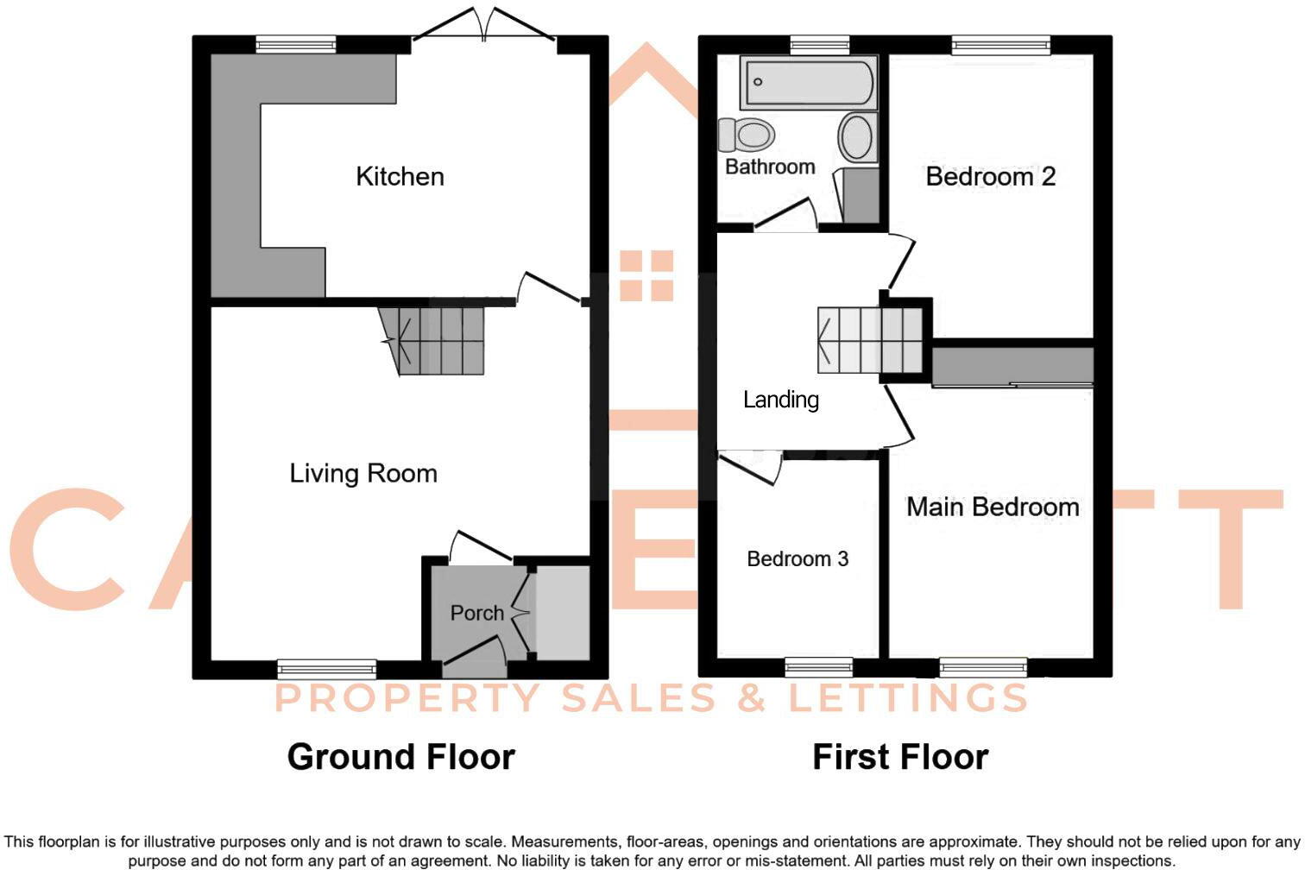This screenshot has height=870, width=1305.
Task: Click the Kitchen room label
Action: click(x=400, y=177)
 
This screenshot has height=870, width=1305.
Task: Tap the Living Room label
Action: click(x=362, y=473)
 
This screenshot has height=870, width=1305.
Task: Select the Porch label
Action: click(x=476, y=613)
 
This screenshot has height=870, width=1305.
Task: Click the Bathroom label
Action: click(x=769, y=167)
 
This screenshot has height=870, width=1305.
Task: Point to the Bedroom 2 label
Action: click(x=990, y=177)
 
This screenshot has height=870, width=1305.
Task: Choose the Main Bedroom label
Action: click(x=992, y=507)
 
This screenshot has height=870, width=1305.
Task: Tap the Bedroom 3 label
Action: click(x=797, y=559)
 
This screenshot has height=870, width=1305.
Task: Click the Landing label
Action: click(x=780, y=400)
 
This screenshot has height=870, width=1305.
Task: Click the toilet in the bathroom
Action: click(x=747, y=135)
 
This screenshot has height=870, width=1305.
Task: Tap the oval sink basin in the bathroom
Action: click(x=856, y=138)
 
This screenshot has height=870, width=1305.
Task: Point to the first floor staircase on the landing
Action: click(x=867, y=341)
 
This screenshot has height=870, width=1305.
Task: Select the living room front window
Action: click(x=326, y=668)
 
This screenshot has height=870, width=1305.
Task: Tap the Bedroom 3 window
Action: click(x=818, y=666)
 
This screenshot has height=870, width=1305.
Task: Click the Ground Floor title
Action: click(x=400, y=757)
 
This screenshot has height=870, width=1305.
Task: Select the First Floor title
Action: click(x=900, y=757)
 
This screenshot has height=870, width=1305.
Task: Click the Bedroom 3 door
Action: click(x=751, y=466)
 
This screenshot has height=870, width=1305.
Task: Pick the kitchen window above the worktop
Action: click(x=295, y=45)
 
